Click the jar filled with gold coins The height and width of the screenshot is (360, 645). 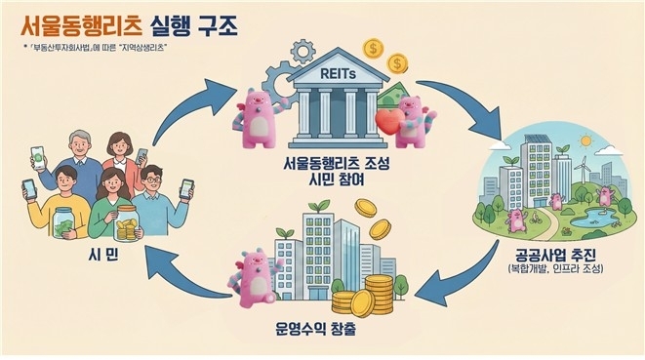[x=128, y=227]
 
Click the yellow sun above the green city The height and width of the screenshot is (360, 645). [x=585, y=139]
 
